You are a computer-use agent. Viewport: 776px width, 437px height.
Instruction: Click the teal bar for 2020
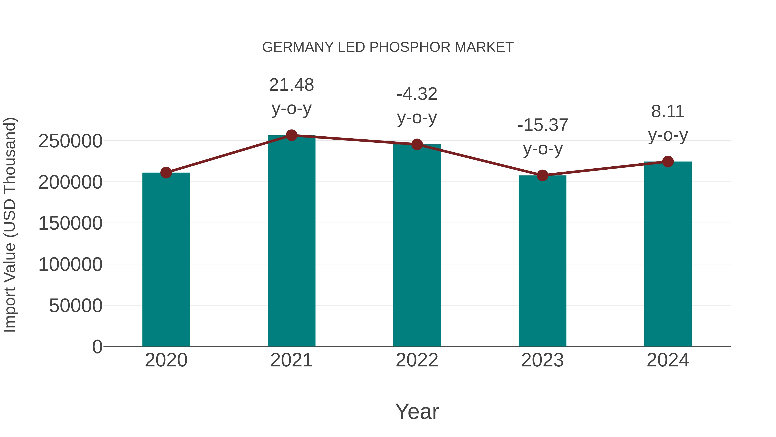click(166, 259)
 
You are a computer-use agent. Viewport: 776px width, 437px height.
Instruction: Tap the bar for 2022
click(417, 246)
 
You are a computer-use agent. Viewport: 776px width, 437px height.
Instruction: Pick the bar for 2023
click(542, 261)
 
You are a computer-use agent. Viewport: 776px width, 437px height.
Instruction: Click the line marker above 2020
click(166, 173)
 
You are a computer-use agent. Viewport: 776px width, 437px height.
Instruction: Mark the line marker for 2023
click(542, 175)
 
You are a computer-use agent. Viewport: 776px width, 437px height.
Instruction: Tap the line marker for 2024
click(668, 162)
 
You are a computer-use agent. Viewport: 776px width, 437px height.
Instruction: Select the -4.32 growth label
click(417, 94)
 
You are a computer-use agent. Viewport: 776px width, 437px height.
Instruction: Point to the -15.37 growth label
click(543, 125)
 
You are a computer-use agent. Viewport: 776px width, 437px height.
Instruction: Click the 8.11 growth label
click(668, 112)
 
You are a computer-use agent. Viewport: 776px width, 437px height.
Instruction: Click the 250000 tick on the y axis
click(70, 141)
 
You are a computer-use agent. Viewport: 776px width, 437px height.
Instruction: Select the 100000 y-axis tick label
click(70, 265)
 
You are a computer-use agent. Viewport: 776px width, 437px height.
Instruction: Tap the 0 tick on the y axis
click(97, 347)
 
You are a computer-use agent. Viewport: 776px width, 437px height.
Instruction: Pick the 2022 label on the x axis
click(417, 360)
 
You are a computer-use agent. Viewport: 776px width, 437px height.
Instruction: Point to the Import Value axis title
click(10, 225)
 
